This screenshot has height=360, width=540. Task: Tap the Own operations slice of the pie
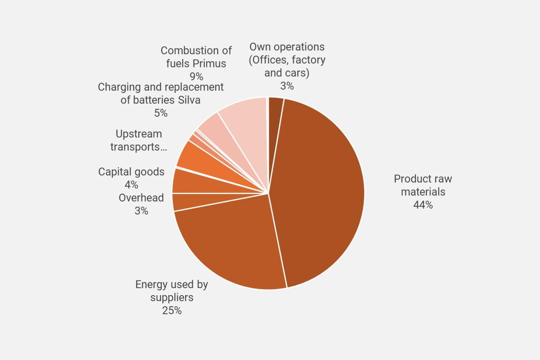275,108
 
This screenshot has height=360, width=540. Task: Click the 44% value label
423,205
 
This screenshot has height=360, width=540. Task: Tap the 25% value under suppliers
172,310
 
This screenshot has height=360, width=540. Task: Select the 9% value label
196,76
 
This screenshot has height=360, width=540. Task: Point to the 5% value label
161,113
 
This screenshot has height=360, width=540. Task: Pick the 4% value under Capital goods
131,185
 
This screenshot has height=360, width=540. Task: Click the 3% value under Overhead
141,211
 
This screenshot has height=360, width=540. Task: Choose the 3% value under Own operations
287,86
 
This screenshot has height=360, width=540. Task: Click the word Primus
210,63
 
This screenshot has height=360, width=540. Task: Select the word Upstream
139,134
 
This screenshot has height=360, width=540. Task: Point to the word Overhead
141,198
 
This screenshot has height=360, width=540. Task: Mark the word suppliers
172,297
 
